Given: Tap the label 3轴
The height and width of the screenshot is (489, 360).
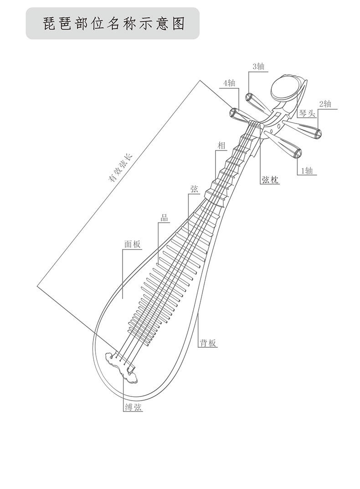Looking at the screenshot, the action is click(x=258, y=67).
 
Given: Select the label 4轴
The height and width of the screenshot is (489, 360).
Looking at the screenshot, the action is click(x=229, y=83).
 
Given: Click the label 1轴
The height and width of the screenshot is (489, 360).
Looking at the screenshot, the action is click(x=306, y=171).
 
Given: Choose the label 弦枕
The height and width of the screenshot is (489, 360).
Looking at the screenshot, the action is click(x=269, y=180).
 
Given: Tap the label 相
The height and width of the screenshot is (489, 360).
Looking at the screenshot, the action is click(x=221, y=145).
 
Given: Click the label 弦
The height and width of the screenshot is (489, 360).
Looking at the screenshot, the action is click(x=194, y=189).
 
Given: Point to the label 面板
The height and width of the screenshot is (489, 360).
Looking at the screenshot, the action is click(x=132, y=244).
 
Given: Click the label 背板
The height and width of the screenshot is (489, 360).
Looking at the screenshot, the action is click(x=207, y=343).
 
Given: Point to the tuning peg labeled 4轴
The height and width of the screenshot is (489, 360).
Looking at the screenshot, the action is click(x=239, y=114).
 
